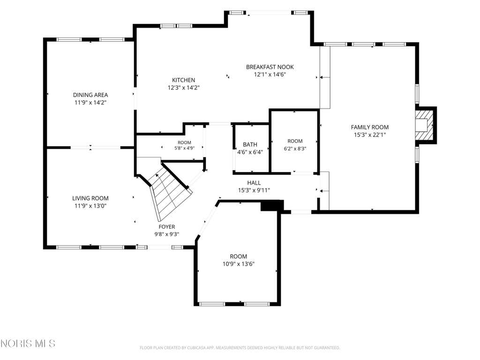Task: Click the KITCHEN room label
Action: click(183, 80)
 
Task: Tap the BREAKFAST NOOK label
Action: click(270, 67)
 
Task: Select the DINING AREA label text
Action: click(90, 95)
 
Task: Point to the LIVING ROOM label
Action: click(90, 198)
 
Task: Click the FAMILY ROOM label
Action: click(370, 127)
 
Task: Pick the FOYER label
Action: click(167, 227)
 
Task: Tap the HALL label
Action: click(254, 183)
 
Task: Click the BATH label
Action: click(250, 144)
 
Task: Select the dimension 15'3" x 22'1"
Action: click(370, 135)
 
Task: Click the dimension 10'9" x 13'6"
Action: click(239, 264)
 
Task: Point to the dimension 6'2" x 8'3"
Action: click(295, 149)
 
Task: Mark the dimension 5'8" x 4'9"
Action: click(184, 148)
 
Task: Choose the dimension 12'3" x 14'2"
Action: click(183, 88)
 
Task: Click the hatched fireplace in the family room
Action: click(425, 125)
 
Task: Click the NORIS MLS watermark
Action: click(28, 344)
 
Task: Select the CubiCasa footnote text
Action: click(240, 348)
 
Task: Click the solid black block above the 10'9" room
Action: click(272, 205)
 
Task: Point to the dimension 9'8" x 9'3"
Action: click(167, 234)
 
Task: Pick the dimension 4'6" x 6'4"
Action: click(250, 152)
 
